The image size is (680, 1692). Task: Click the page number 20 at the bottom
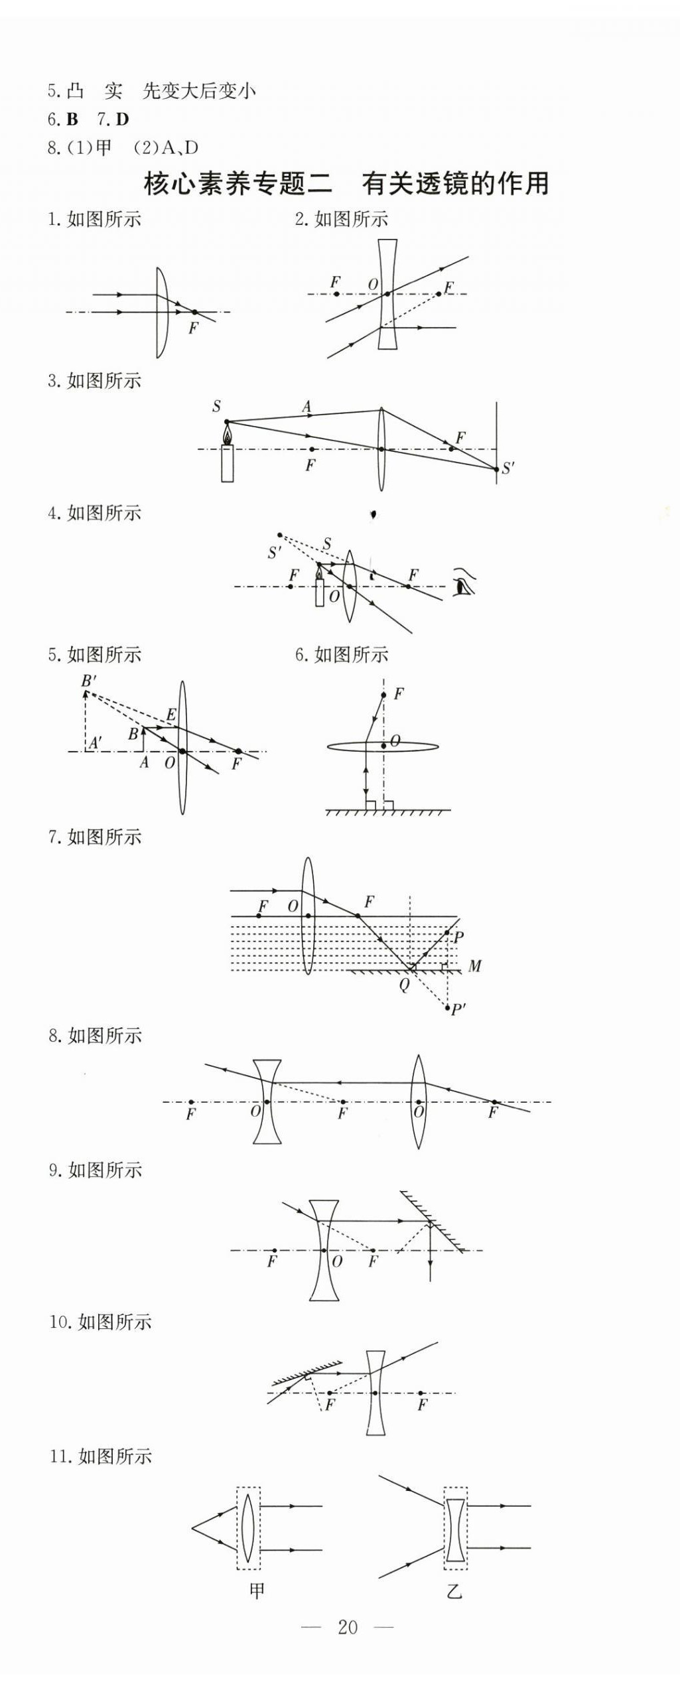pyautogui.click(x=348, y=1627)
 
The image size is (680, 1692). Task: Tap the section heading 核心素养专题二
pyautogui.click(x=238, y=184)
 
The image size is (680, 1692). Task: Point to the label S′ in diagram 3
pyautogui.click(x=508, y=468)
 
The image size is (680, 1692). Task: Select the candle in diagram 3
pyautogui.click(x=228, y=458)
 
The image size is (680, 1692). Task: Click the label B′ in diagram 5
pyautogui.click(x=89, y=681)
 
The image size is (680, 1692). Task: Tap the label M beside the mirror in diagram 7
pyautogui.click(x=475, y=966)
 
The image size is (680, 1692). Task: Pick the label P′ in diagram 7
pyautogui.click(x=458, y=1009)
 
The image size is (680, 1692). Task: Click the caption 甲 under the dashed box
pyautogui.click(x=257, y=1590)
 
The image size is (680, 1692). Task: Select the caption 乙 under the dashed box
pyautogui.click(x=454, y=1591)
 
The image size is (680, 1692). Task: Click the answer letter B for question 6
pyautogui.click(x=72, y=119)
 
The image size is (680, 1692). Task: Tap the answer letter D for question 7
pyautogui.click(x=122, y=119)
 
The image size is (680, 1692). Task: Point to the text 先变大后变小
pyautogui.click(x=199, y=91)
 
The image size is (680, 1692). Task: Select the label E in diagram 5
pyautogui.click(x=171, y=715)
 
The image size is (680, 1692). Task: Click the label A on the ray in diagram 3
pyautogui.click(x=306, y=406)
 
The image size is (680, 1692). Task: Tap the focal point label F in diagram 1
pyautogui.click(x=193, y=328)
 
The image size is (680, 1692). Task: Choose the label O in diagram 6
pyautogui.click(x=395, y=740)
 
